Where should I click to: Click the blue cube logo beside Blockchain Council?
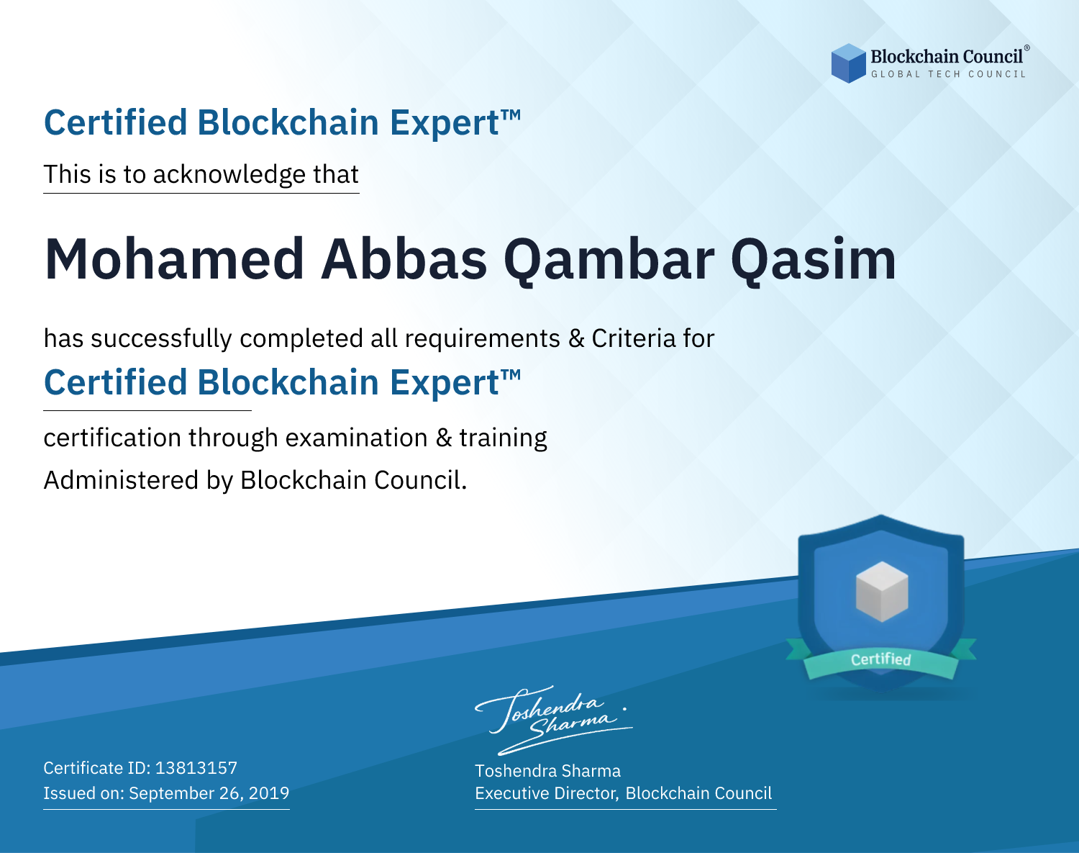tap(848, 63)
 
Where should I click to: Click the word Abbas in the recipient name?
tap(404, 259)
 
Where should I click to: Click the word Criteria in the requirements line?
tap(633, 338)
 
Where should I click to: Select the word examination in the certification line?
tap(357, 438)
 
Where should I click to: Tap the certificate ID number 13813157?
tap(196, 767)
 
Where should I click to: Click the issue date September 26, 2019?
tap(209, 793)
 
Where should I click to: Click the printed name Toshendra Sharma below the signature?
tap(547, 771)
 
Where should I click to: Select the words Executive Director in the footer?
tap(546, 793)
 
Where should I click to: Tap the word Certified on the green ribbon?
tap(881, 659)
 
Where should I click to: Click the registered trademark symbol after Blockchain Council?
tap(1027, 48)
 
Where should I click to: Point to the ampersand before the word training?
tap(444, 438)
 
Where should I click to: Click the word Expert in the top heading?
tap(445, 123)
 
